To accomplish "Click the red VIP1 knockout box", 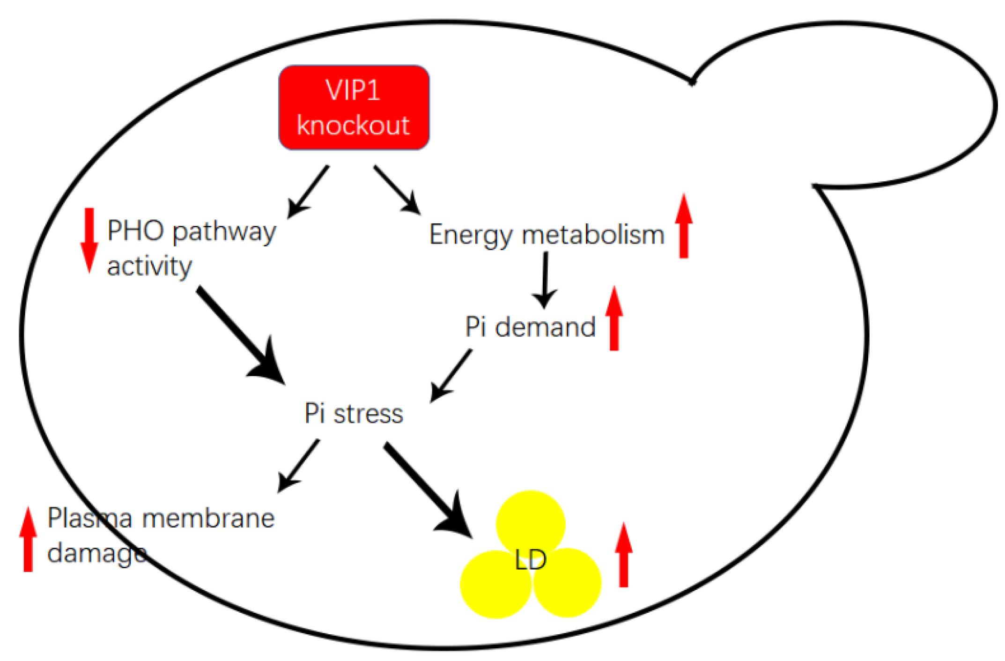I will click(x=354, y=107).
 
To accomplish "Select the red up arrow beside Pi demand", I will click(x=614, y=319).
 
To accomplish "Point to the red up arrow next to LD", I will click(x=623, y=555).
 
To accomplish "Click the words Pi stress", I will click(x=354, y=414).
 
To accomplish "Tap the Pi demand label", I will click(x=530, y=327).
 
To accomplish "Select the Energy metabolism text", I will click(x=547, y=235).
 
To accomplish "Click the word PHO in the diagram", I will click(x=136, y=230).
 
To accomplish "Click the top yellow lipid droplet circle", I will click(x=530, y=520).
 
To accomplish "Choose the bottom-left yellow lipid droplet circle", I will click(x=494, y=586).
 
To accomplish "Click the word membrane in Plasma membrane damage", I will click(x=208, y=519).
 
